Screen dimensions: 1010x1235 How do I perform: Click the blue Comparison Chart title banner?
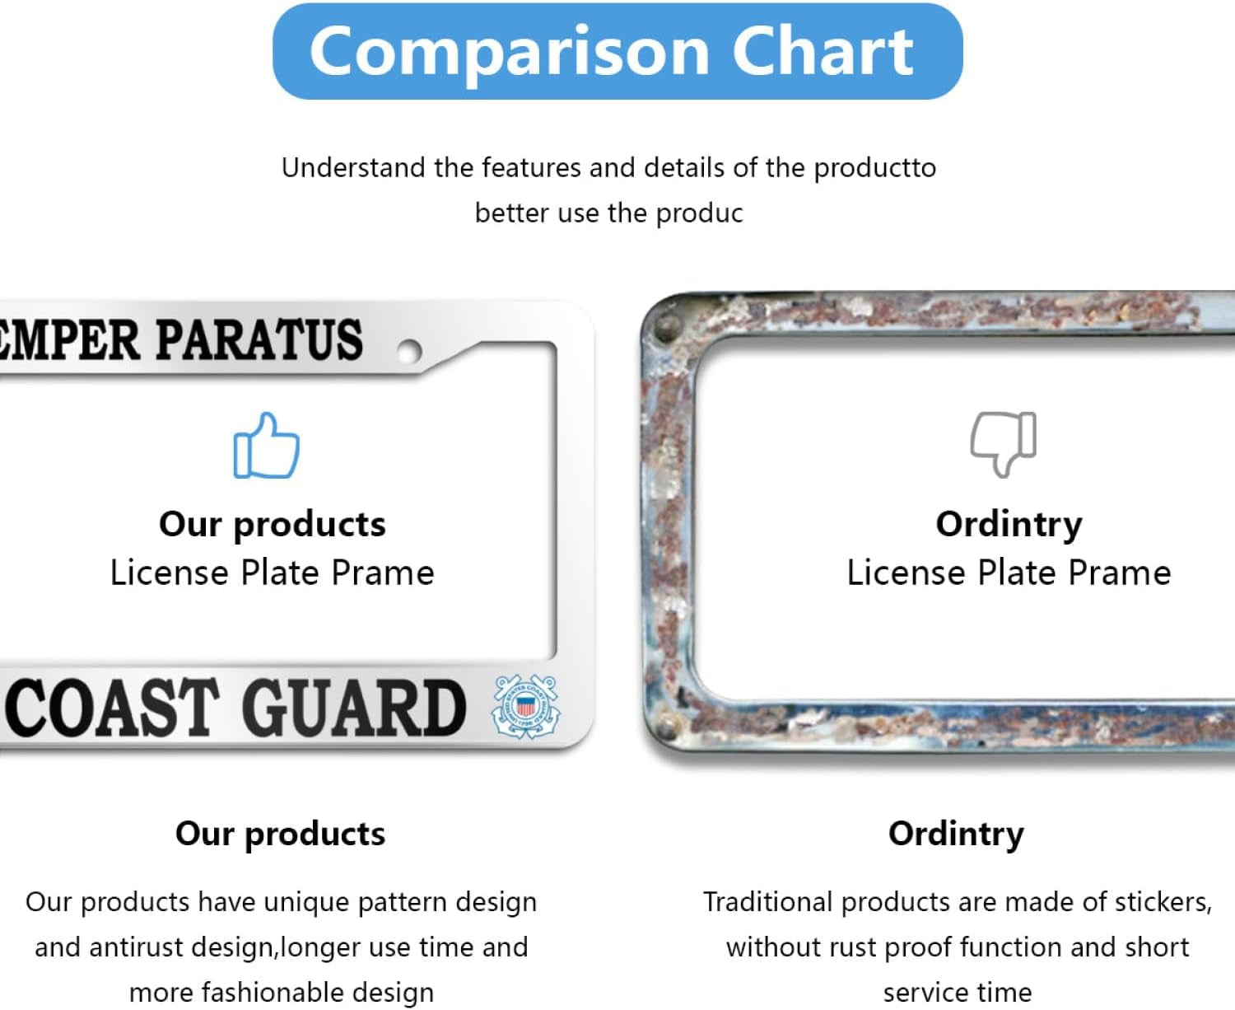click(617, 51)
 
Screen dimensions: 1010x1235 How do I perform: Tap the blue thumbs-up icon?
click(266, 446)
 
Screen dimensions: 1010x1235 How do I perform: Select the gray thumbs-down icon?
click(1003, 443)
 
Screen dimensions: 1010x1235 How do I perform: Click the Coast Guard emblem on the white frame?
click(525, 706)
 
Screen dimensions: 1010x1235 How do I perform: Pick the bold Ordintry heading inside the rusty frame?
click(1009, 525)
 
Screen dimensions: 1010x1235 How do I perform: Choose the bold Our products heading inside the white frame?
click(272, 525)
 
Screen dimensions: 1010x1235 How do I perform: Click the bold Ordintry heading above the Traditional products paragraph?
click(956, 834)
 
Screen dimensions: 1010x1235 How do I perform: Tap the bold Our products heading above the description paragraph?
click(280, 834)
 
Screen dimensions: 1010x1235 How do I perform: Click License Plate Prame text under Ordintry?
click(1009, 573)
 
